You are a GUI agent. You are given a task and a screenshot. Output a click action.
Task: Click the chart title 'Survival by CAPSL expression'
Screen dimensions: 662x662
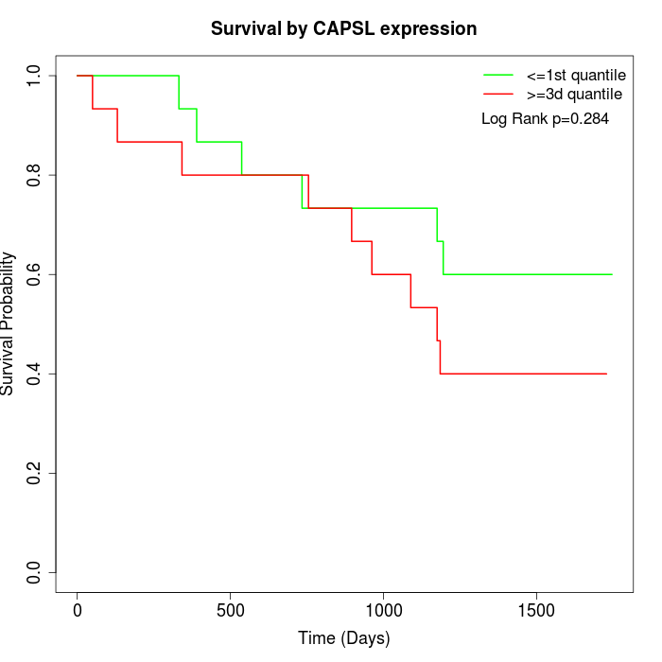pyautogui.click(x=343, y=28)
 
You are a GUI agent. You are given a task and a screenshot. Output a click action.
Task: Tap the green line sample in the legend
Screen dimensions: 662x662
pyautogui.click(x=498, y=75)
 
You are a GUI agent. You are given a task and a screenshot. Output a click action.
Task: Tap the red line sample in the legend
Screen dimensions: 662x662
pyautogui.click(x=498, y=95)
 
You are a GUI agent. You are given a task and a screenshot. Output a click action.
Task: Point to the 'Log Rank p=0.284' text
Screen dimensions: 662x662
pyautogui.click(x=545, y=119)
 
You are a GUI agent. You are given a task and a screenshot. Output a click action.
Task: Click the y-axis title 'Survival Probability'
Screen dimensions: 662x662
pyautogui.click(x=9, y=322)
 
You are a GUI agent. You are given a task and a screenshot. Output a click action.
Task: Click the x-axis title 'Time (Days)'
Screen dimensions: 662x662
pyautogui.click(x=343, y=638)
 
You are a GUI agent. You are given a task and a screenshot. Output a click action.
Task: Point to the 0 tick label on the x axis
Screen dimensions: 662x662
pyautogui.click(x=78, y=611)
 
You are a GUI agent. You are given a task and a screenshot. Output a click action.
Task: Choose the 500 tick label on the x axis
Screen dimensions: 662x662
pyautogui.click(x=231, y=611)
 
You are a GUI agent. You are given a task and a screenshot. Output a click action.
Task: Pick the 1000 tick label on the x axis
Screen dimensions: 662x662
pyautogui.click(x=384, y=611)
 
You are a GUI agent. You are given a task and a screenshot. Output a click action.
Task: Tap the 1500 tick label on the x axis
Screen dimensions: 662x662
pyautogui.click(x=537, y=611)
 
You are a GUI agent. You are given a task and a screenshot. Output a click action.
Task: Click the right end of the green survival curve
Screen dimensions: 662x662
pyautogui.click(x=612, y=274)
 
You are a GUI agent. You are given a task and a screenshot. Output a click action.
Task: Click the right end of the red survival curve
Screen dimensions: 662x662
pyautogui.click(x=606, y=374)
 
